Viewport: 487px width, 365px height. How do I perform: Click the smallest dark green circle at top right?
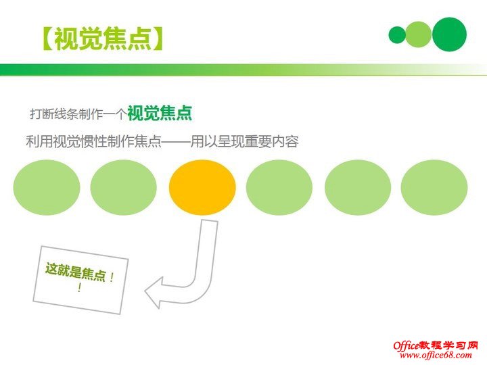point(397,35)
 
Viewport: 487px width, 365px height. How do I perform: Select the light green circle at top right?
point(419,34)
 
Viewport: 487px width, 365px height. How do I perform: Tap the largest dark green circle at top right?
point(449,34)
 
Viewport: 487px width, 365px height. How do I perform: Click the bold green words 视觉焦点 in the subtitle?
point(159,113)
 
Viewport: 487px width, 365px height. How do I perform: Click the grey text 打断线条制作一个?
point(78,114)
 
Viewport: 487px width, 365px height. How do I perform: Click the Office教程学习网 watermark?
point(436,345)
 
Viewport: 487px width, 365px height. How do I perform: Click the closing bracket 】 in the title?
point(156,38)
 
